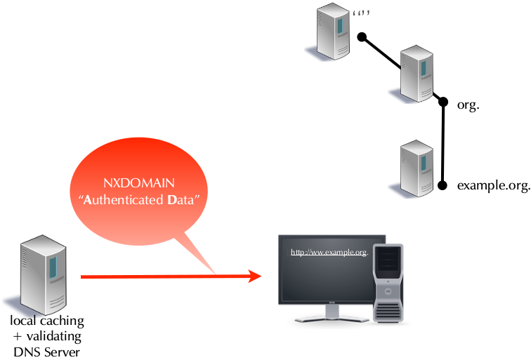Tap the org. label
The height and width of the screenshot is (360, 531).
pyautogui.click(x=468, y=105)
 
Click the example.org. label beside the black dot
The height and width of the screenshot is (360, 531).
pyautogui.click(x=492, y=186)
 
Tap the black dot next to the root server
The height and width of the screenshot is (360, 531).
pyautogui.click(x=361, y=36)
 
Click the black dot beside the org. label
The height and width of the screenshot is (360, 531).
pyautogui.click(x=443, y=102)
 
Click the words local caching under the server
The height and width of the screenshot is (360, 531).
pyautogui.click(x=47, y=321)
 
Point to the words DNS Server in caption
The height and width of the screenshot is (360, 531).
pyautogui.click(x=47, y=351)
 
